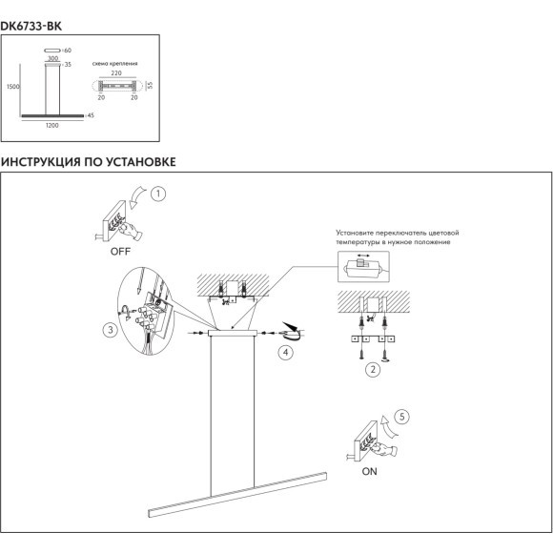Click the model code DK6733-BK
[x=31, y=27]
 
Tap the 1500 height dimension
[x=13, y=87]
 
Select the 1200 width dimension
[x=51, y=125]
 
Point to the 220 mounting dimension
[x=116, y=73]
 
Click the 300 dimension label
[x=52, y=58]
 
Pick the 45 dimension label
[x=91, y=115]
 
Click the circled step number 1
[x=158, y=194]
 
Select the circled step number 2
[x=373, y=370]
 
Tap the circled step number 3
[x=111, y=330]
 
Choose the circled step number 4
[x=285, y=352]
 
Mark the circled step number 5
[x=401, y=417]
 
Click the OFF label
[x=120, y=252]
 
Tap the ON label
[x=369, y=471]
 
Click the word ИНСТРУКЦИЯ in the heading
[x=41, y=162]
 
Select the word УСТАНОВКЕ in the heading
[x=141, y=162]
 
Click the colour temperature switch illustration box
[x=363, y=267]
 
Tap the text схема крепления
[x=115, y=64]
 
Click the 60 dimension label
[x=68, y=51]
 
